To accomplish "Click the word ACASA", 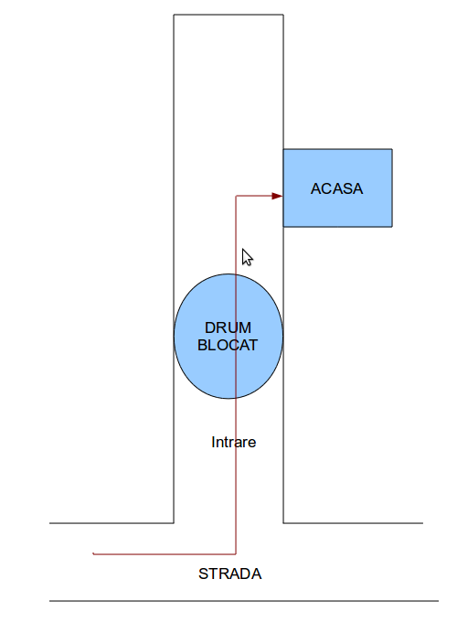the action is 336,188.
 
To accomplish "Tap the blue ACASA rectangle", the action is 337,188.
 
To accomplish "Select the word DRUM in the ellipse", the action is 228,327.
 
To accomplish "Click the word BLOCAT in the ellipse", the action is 228,345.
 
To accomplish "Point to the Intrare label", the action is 233,443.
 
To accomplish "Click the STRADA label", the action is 230,574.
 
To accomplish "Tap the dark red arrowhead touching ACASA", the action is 277,196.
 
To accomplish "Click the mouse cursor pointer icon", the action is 247,257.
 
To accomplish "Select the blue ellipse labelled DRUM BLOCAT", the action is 228,336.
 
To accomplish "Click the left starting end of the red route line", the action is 93,553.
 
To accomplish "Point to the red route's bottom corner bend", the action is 236,553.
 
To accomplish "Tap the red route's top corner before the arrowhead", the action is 236,196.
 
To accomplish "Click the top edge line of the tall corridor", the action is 228,15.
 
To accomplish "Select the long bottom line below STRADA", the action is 244,601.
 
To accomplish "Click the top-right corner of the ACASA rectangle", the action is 392,149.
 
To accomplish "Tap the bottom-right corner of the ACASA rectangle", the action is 392,227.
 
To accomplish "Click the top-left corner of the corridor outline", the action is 174,15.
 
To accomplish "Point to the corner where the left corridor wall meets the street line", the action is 174,523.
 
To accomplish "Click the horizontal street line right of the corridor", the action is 353,523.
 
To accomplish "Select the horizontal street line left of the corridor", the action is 112,523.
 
